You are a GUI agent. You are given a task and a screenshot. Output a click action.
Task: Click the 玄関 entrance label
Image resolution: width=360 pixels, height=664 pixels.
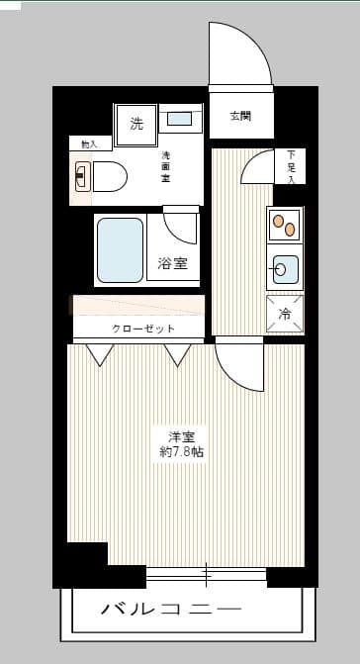coord(240,117)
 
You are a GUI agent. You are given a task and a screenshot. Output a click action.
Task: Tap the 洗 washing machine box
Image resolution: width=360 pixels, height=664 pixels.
coord(136,124)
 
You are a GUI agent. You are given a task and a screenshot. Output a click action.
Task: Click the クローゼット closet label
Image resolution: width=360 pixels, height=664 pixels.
coord(144,329)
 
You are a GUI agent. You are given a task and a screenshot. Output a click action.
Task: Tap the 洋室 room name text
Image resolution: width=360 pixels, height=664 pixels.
coord(179,435)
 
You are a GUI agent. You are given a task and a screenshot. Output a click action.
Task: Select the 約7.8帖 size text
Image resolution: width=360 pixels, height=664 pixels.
coord(179,452)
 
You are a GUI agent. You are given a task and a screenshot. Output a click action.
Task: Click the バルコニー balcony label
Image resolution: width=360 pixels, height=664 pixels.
coord(170,608)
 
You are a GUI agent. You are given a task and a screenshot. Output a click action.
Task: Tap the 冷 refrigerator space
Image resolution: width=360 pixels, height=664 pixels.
coord(285,314)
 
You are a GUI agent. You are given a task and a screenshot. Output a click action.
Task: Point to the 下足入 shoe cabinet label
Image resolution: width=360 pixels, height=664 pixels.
coord(292,166)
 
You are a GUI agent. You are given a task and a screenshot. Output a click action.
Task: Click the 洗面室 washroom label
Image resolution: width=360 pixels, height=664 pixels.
coord(167,165)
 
